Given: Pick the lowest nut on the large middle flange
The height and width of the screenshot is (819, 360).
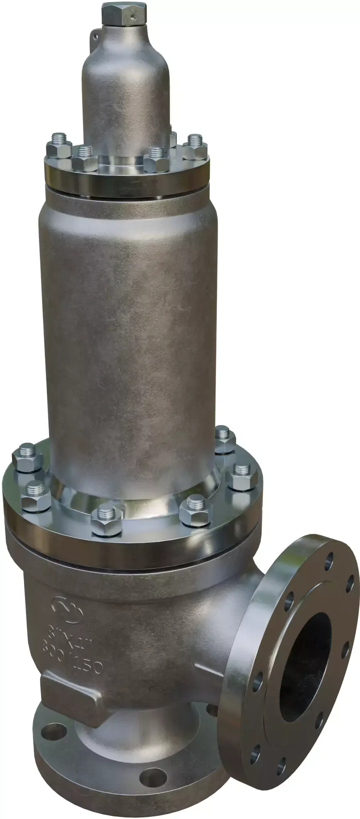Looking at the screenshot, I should tap(106, 522).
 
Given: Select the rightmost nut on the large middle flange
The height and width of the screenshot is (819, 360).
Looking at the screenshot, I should tap(242, 478).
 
